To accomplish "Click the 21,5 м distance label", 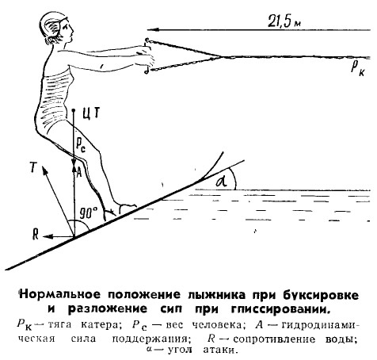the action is (x=284, y=21).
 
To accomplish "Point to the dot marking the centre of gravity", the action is (x=74, y=109).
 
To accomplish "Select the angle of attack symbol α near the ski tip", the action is (x=222, y=182).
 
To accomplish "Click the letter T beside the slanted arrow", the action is (x=33, y=167).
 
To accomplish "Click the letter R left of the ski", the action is (x=36, y=234).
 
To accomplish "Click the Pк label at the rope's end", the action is (x=358, y=69).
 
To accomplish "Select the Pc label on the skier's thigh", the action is (x=81, y=144).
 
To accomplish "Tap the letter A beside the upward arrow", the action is (x=78, y=173).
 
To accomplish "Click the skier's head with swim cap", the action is (x=56, y=29).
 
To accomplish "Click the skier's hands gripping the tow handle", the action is (x=144, y=56).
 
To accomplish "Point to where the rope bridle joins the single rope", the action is (x=221, y=56).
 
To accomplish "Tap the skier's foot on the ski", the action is (x=124, y=209).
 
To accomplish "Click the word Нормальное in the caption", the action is (x=60, y=294).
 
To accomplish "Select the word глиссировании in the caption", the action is (x=280, y=309).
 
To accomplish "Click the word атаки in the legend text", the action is (x=219, y=350).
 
